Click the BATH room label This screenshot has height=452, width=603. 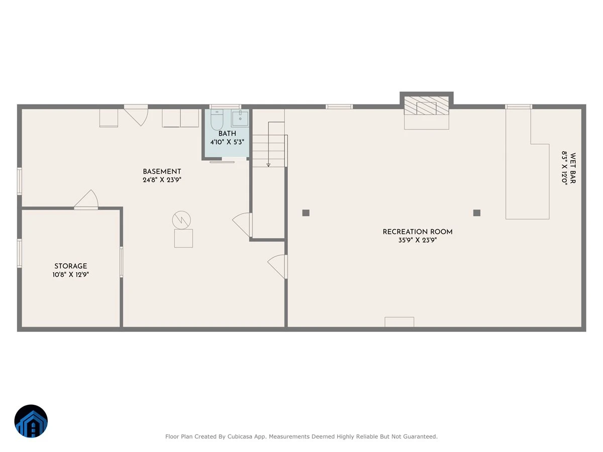point(227,134)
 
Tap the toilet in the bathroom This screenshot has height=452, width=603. point(217,120)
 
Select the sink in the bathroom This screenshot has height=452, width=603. point(240,118)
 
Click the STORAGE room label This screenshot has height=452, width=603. point(71,266)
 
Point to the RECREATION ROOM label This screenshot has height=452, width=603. point(418,232)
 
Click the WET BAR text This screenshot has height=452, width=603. point(573,168)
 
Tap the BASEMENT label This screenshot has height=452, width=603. point(162,172)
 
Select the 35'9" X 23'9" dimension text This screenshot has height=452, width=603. point(418,240)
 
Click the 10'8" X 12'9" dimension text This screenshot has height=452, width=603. point(71,274)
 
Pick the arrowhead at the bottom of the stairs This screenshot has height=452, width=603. point(268,165)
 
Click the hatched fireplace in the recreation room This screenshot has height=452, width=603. point(426,105)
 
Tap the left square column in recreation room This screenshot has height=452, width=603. point(306,212)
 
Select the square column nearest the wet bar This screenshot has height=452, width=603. point(477,212)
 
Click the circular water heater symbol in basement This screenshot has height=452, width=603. point(181,220)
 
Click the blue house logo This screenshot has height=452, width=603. point(31,421)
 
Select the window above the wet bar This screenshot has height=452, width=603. point(519,107)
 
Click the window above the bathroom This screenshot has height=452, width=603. point(225,107)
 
